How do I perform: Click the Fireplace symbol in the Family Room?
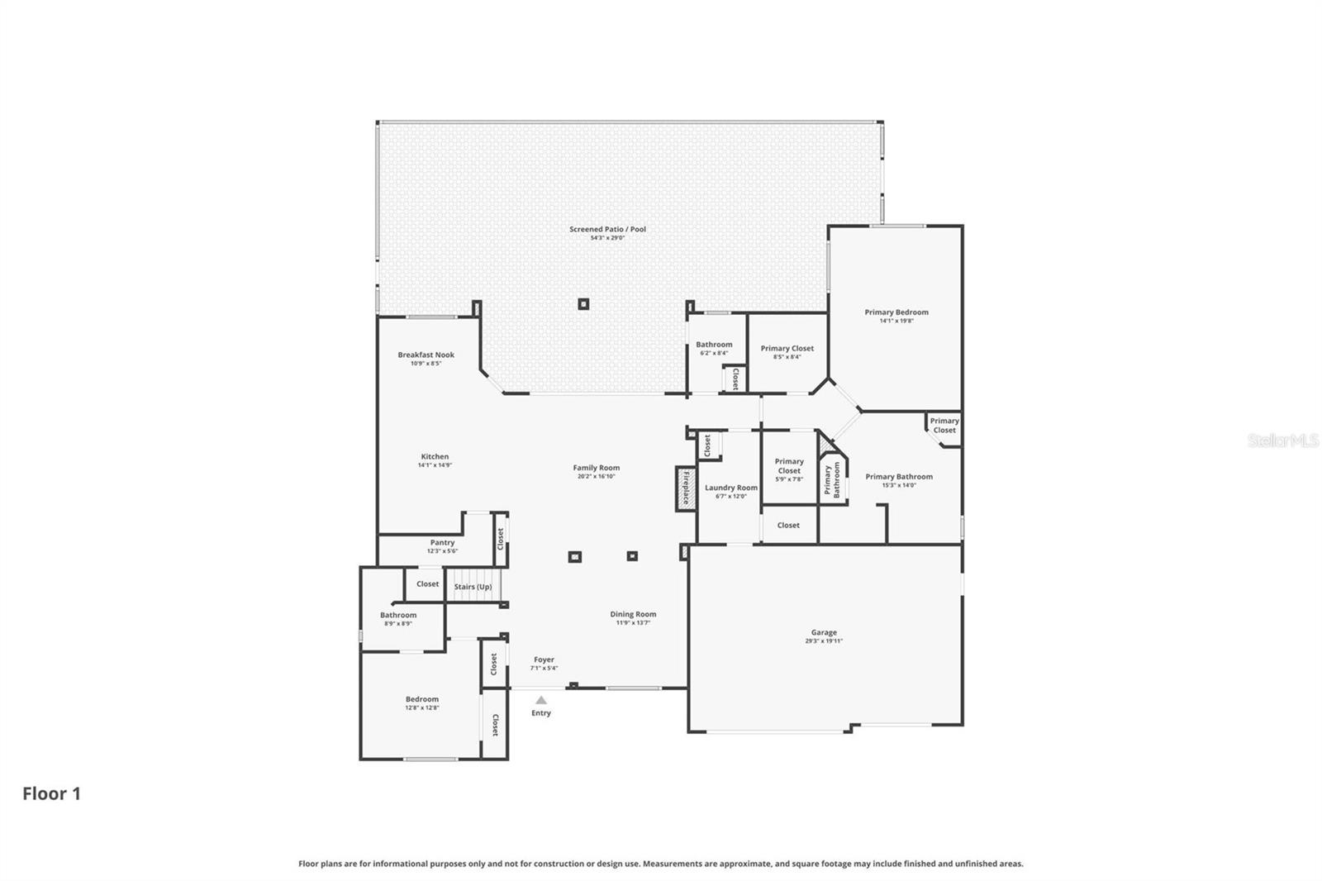click(685, 488)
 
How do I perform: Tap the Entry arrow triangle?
click(541, 700)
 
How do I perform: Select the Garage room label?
click(824, 632)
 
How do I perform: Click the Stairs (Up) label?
click(473, 587)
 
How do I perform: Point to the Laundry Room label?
click(730, 488)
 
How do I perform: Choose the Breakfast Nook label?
click(426, 355)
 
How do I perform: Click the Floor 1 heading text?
click(51, 793)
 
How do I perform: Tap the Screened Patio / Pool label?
click(607, 229)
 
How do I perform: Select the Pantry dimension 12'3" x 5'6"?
click(442, 551)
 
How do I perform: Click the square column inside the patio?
click(583, 304)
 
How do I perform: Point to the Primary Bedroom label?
click(896, 312)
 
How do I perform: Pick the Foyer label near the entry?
click(544, 660)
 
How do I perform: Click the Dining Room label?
click(633, 614)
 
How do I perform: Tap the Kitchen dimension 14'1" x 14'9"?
click(435, 465)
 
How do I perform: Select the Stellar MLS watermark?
click(1282, 441)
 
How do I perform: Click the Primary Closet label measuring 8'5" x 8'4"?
click(787, 348)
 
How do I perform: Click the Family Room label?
click(596, 468)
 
